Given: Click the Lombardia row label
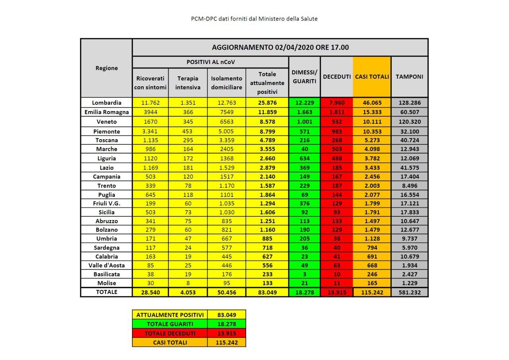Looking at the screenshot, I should (x=106, y=103).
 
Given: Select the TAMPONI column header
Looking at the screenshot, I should (x=409, y=77).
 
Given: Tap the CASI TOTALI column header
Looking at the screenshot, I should (x=372, y=77).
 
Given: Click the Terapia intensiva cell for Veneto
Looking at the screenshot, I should (x=188, y=122).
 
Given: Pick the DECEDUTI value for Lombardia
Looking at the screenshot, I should (x=336, y=103).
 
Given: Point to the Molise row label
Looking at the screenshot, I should (x=106, y=283).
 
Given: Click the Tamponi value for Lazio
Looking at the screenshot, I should (x=409, y=167).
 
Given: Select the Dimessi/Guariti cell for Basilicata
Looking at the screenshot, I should (x=304, y=274).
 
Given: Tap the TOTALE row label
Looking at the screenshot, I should (x=106, y=292).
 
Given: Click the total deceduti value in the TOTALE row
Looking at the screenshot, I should (x=336, y=292).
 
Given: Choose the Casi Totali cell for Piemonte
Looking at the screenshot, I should (x=372, y=131).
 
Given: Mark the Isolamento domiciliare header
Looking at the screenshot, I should (x=227, y=83).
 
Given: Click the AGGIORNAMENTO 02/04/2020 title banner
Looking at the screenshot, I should (x=280, y=47).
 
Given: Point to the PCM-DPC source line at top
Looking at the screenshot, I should (x=254, y=19).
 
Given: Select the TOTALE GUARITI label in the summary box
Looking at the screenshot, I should (x=170, y=324).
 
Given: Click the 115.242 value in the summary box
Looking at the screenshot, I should (x=226, y=342).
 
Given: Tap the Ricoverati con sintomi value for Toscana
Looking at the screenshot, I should (x=150, y=140).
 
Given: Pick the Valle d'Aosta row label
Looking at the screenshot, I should (x=106, y=265).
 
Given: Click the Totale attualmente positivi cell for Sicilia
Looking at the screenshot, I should (x=267, y=212).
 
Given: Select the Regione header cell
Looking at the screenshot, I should (x=107, y=68).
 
